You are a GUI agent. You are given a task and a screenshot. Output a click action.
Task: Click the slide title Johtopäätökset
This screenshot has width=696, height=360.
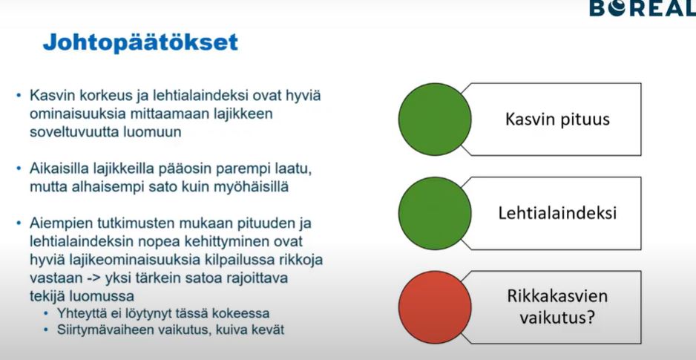(x=140, y=42)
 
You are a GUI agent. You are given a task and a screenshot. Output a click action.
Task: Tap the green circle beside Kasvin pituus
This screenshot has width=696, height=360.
(x=435, y=119)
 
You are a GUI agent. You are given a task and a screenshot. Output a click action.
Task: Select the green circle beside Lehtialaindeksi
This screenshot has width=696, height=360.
(x=435, y=213)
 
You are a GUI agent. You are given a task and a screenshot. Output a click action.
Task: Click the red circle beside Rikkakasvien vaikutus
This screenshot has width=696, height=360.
(x=435, y=307)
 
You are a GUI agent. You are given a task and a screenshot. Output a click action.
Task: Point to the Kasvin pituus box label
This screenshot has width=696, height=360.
(x=557, y=120)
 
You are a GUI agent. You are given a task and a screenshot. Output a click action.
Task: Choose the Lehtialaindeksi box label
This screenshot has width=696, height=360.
(x=557, y=213)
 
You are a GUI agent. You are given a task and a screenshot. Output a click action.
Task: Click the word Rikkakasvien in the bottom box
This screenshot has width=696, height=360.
(x=557, y=296)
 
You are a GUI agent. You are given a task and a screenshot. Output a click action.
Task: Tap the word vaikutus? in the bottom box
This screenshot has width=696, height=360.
(x=557, y=318)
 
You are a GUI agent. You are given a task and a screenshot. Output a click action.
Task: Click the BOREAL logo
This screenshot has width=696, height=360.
(x=643, y=8)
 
